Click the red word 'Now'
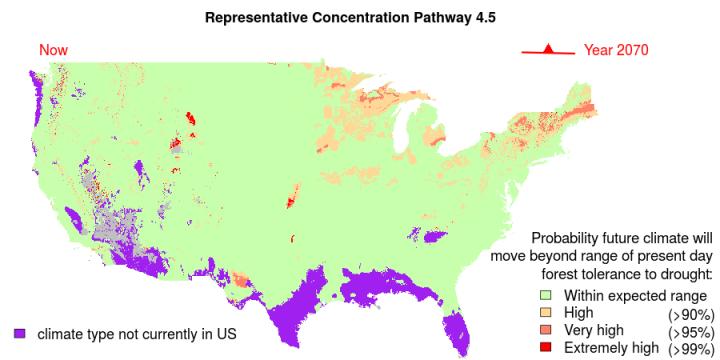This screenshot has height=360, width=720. click(53, 50)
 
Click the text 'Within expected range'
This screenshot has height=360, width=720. click(635, 296)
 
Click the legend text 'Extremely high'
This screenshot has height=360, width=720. click(611, 347)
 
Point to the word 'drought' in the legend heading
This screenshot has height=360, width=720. click(683, 272)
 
